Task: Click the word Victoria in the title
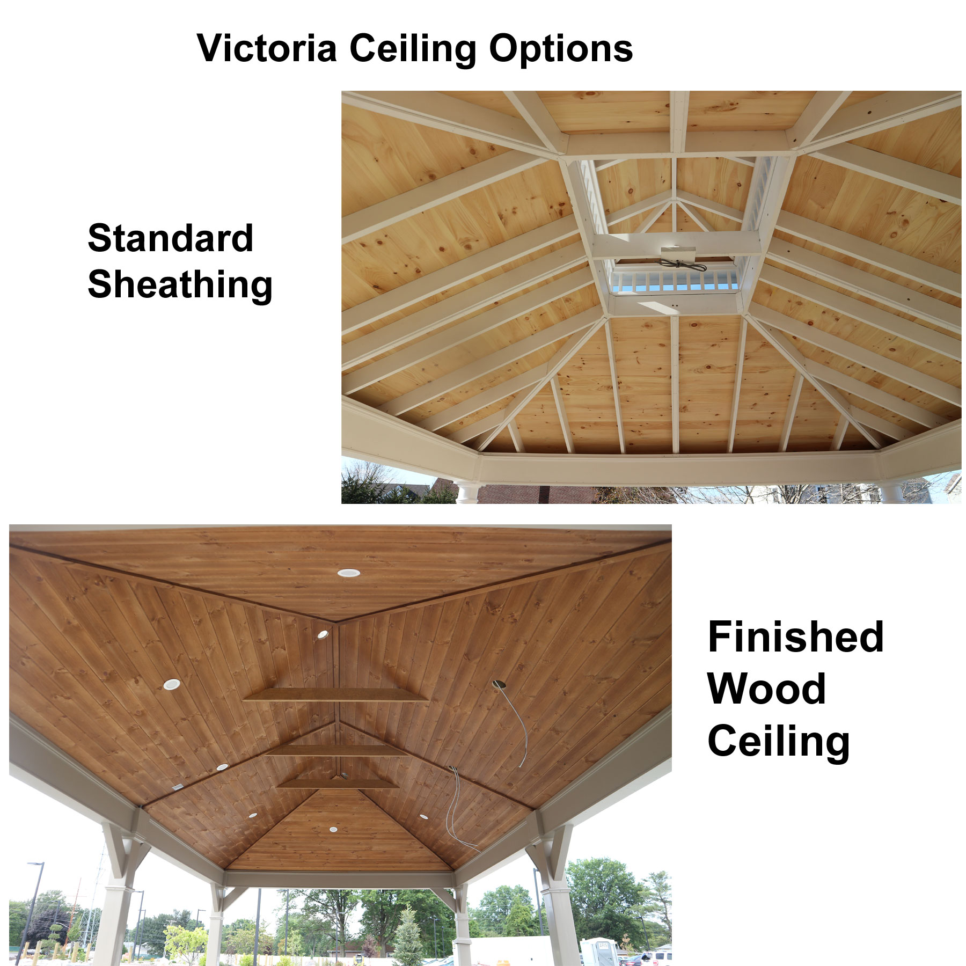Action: click(267, 48)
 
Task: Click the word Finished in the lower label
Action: click(795, 637)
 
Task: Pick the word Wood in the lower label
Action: click(766, 689)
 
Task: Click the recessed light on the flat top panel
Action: click(349, 573)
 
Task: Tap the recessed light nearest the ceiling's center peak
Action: click(323, 634)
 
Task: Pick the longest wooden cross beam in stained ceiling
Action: click(336, 696)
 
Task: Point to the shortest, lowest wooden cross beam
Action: click(338, 784)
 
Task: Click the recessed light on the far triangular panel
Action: click(333, 830)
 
